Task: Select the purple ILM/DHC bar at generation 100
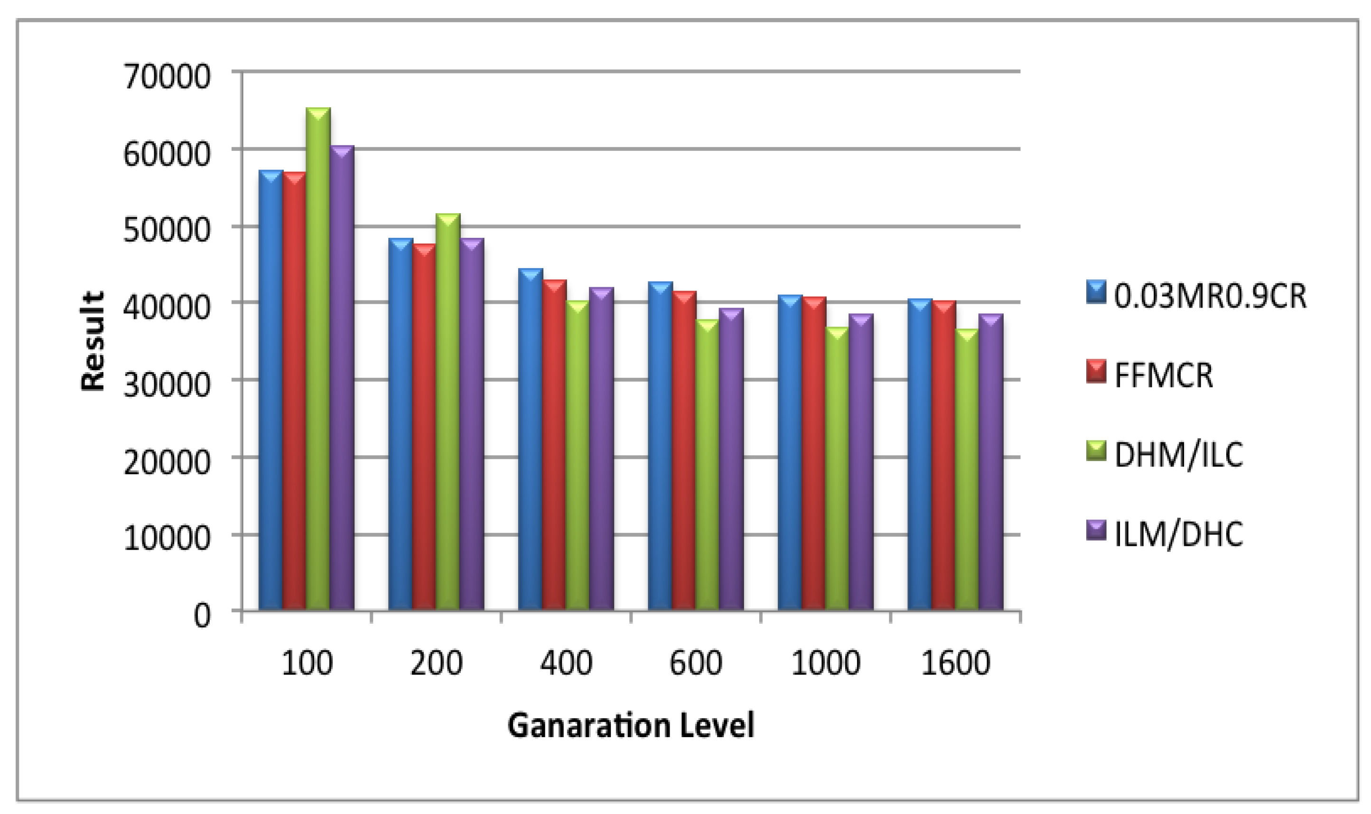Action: (342, 378)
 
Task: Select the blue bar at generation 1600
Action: (919, 455)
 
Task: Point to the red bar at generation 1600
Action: (943, 456)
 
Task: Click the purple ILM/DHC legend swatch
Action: (1096, 531)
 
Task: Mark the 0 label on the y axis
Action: (202, 616)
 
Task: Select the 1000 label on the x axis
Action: (825, 663)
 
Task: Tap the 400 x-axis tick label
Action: (566, 663)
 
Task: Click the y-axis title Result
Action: (92, 341)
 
